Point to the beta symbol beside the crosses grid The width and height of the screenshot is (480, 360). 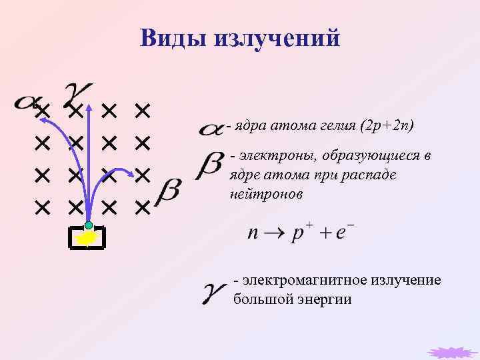[x=169, y=191]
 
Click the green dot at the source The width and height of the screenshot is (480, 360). [x=89, y=226]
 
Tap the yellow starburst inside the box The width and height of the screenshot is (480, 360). [x=87, y=238]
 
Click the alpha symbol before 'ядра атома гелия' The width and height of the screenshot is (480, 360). [x=211, y=129]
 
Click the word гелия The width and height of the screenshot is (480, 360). [x=337, y=125]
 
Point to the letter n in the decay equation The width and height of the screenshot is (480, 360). [x=253, y=235]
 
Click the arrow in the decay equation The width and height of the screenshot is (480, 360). [x=275, y=235]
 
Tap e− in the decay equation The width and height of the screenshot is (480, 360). [x=345, y=233]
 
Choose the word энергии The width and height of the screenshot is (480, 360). [x=328, y=299]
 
